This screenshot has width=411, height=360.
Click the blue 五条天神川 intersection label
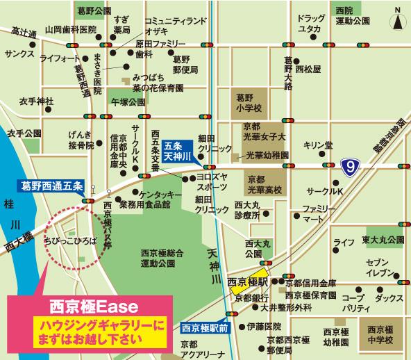click(178, 152)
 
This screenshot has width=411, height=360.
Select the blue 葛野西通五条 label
click(49, 186)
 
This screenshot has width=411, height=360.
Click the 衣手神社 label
click(36, 101)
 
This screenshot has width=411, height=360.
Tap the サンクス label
click(19, 53)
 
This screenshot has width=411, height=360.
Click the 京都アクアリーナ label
click(201, 350)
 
